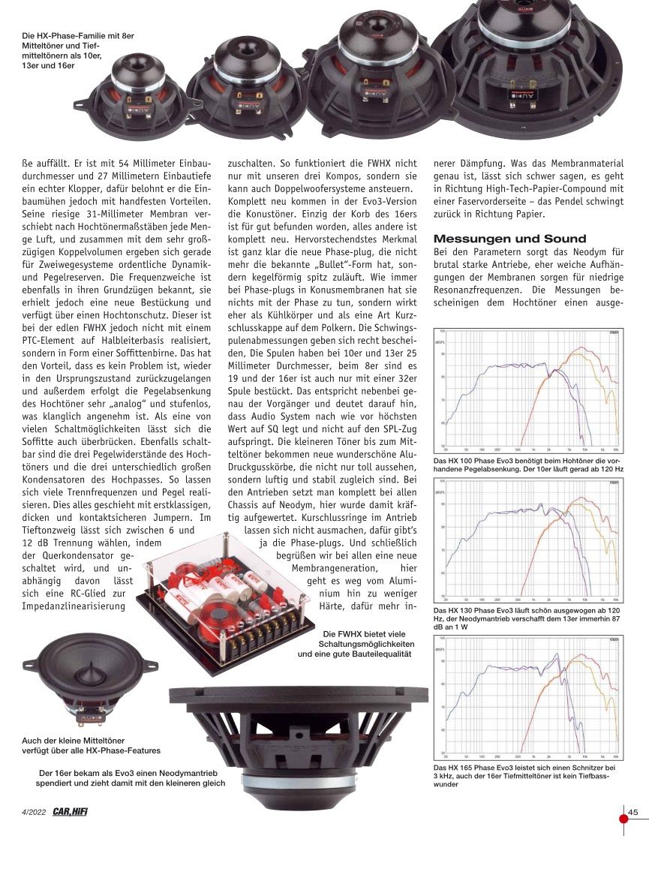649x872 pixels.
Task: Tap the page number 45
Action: point(633,811)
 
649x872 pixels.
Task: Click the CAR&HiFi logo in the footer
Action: point(71,811)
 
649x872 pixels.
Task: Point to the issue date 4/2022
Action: point(35,811)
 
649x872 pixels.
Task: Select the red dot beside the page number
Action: point(623,818)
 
